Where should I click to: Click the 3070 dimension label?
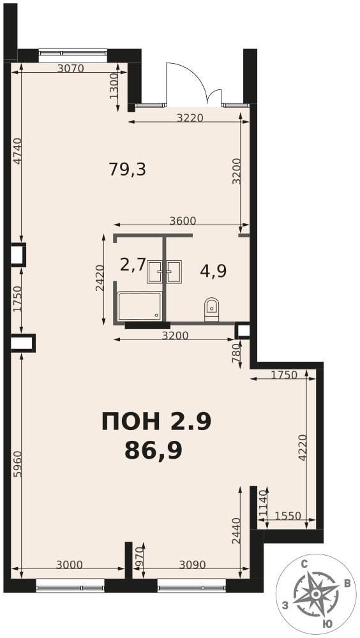70,68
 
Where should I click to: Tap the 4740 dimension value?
17,151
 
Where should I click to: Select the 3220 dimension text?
190,118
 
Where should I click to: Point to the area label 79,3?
128,169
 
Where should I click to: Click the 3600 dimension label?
183,221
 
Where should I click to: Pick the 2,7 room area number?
133,265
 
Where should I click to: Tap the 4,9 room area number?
213,271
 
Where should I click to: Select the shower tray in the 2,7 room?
139,306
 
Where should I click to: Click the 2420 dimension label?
100,278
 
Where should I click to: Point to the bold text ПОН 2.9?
156,422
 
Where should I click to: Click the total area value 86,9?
153,451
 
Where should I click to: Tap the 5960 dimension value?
17,464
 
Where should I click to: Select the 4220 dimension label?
302,448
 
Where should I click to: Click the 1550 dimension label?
288,516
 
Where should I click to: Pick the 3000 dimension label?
69,565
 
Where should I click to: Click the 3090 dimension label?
192,565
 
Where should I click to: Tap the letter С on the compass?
304,564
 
